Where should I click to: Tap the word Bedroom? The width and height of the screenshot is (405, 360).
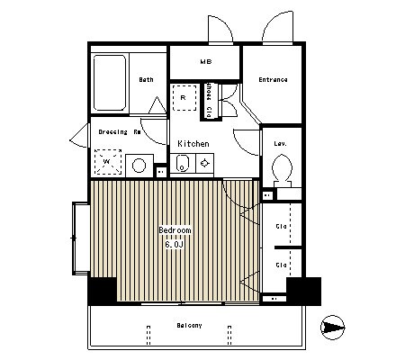click(175, 230)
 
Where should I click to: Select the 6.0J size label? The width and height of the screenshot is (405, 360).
click(173, 242)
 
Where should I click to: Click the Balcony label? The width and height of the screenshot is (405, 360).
click(188, 325)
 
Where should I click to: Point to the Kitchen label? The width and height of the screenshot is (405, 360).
click(193, 144)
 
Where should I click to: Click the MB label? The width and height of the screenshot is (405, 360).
click(205, 61)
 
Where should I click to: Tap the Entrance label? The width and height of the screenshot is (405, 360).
click(273, 80)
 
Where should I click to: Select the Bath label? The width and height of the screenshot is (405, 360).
click(146, 80)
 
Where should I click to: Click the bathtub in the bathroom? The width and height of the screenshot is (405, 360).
click(110, 81)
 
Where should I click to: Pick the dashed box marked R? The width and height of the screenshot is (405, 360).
click(184, 96)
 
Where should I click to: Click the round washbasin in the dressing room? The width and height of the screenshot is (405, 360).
click(139, 165)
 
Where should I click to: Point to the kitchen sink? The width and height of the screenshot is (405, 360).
click(182, 164)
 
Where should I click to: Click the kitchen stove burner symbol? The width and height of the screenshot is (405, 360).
click(205, 164)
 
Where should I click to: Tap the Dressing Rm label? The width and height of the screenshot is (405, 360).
click(118, 131)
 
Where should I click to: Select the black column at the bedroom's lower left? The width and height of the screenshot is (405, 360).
click(102, 292)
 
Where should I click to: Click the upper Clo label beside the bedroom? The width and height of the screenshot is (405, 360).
click(281, 225)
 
